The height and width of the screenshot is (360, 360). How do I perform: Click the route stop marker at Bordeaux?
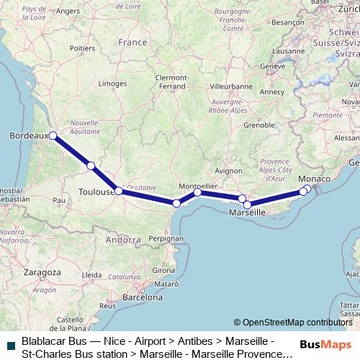53,135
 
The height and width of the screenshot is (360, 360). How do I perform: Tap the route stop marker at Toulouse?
118,191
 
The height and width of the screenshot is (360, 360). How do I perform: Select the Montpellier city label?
197,184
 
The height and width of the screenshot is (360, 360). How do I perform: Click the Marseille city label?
246,214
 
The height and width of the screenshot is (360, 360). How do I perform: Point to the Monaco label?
314,178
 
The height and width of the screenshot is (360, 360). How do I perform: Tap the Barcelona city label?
143,297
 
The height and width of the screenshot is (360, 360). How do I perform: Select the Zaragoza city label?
42,273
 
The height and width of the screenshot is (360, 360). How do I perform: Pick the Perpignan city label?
166,238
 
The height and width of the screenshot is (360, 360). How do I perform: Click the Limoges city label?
112,84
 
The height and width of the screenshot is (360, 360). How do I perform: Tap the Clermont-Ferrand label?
171,81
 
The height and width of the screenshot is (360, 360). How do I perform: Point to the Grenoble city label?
259,125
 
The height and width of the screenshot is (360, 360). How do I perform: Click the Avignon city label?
228,171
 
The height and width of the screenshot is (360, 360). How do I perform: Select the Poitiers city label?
83,48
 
